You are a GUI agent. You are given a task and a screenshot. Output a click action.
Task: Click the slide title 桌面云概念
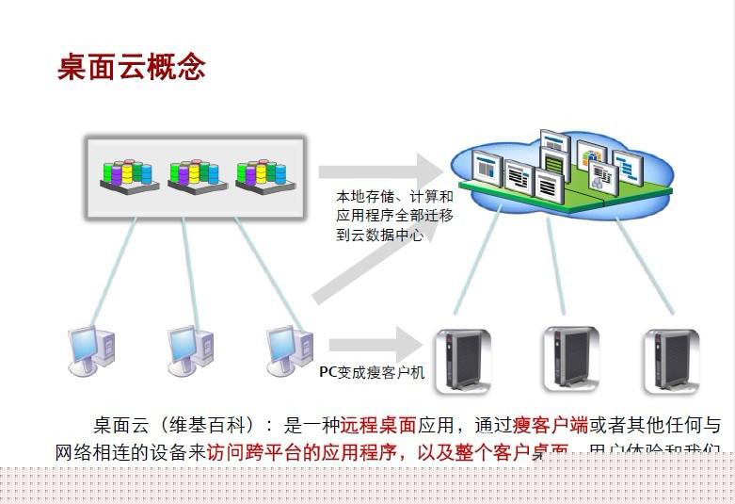tap(131, 68)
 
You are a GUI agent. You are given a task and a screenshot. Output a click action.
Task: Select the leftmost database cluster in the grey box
tap(129, 174)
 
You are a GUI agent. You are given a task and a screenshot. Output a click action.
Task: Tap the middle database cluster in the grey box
tap(195, 174)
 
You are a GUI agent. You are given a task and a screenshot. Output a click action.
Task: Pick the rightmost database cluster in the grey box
tap(261, 174)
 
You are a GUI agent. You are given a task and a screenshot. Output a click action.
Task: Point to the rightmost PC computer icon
tap(288, 348)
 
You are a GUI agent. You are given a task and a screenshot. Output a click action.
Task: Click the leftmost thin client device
tap(461, 359)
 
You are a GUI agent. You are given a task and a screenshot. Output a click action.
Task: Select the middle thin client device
tap(570, 359)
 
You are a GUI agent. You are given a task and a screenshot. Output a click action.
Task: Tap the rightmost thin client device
tap(671, 359)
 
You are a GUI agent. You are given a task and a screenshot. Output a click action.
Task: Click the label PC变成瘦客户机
tap(372, 373)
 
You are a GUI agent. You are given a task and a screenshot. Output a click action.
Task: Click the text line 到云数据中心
tap(379, 236)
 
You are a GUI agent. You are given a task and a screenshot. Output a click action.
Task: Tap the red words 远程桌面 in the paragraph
tap(377, 425)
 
